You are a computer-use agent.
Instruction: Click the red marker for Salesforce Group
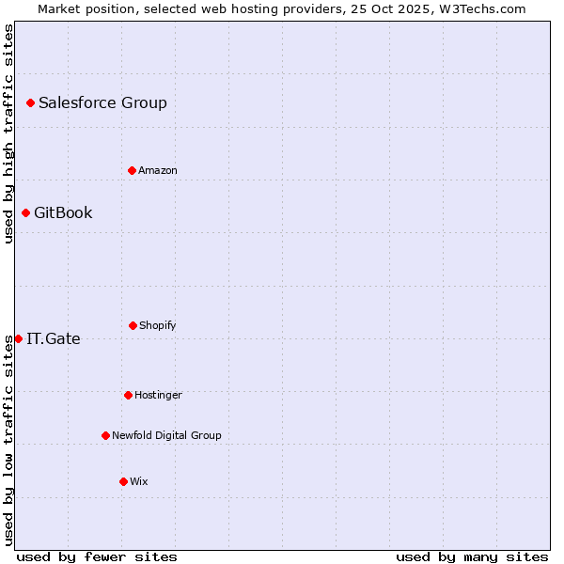tap(30, 102)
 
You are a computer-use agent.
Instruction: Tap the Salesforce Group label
tap(102, 103)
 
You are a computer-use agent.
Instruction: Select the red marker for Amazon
tap(132, 170)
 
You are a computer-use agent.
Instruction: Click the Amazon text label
tap(158, 171)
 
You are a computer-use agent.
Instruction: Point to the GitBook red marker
tap(25, 212)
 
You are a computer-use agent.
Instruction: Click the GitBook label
tap(63, 213)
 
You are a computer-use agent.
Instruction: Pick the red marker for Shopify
tap(133, 325)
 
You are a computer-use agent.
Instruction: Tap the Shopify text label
tap(158, 326)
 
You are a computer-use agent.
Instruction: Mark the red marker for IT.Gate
tap(18, 338)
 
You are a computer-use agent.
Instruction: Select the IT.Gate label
tap(54, 339)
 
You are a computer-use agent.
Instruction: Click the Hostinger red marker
tap(128, 395)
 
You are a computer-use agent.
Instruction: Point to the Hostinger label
tap(158, 396)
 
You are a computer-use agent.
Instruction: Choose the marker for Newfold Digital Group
tap(105, 435)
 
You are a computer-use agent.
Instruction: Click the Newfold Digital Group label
tap(166, 436)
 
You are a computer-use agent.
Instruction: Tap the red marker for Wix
tap(123, 481)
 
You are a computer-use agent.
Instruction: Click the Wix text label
tap(139, 482)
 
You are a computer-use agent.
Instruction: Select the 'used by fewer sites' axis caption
tap(97, 556)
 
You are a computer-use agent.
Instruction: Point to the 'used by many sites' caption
tap(472, 556)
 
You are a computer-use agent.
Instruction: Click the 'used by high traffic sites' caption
tap(9, 133)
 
